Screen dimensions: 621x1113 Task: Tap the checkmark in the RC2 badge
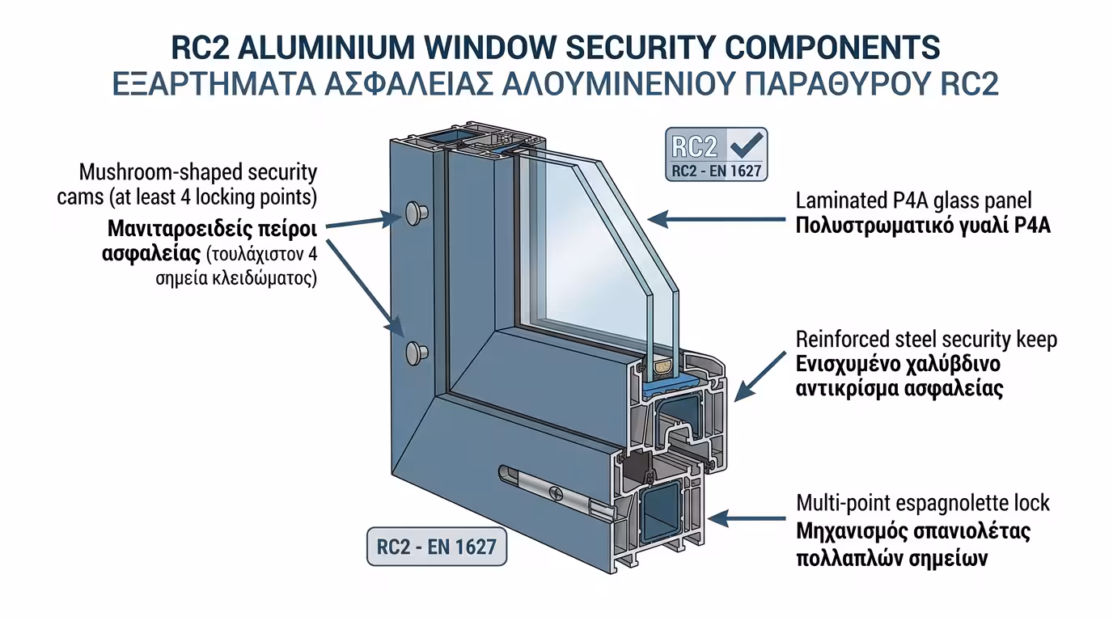click(x=745, y=146)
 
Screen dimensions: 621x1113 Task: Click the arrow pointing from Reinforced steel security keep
click(x=761, y=375)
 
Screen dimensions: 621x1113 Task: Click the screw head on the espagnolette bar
click(x=556, y=491)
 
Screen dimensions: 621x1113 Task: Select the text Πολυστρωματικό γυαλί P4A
click(x=922, y=226)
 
